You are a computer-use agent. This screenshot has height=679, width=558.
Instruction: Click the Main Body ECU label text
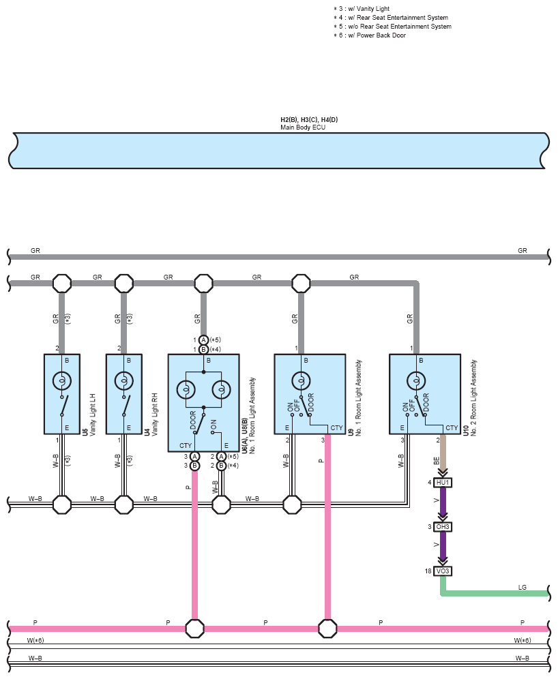[x=303, y=127]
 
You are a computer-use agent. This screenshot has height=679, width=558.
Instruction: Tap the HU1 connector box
[x=443, y=483]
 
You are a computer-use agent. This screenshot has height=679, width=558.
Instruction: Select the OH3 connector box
[x=443, y=526]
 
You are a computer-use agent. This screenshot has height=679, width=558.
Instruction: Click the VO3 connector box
[x=443, y=571]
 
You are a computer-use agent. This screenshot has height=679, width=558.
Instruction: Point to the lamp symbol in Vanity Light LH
[x=62, y=381]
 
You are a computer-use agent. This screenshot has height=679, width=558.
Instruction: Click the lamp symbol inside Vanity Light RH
[x=124, y=381]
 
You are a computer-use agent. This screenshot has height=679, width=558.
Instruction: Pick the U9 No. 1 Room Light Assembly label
[x=355, y=397]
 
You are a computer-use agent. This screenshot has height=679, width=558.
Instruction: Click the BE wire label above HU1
[x=437, y=461]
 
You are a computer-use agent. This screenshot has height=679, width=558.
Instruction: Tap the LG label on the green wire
[x=523, y=587]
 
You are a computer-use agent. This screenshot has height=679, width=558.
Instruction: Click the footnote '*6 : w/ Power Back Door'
[x=370, y=35]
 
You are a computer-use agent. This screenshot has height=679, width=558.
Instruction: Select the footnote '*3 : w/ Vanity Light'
[x=362, y=9]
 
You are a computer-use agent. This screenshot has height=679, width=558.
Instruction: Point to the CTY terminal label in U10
[x=452, y=428]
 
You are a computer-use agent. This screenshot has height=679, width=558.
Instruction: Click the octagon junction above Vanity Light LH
[x=62, y=283]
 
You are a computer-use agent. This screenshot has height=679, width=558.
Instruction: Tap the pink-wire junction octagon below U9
[x=327, y=628]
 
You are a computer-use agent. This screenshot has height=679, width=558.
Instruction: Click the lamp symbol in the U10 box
[x=416, y=381]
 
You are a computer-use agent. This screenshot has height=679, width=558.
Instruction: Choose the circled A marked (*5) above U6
[x=203, y=340]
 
